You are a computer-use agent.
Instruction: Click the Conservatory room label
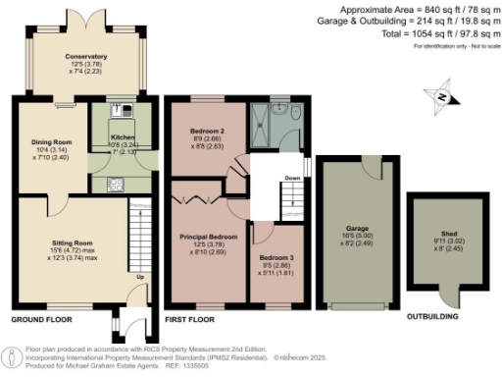tap(86, 57)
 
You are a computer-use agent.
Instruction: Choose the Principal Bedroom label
tap(208, 237)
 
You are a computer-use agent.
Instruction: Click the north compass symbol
tap(442, 96)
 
